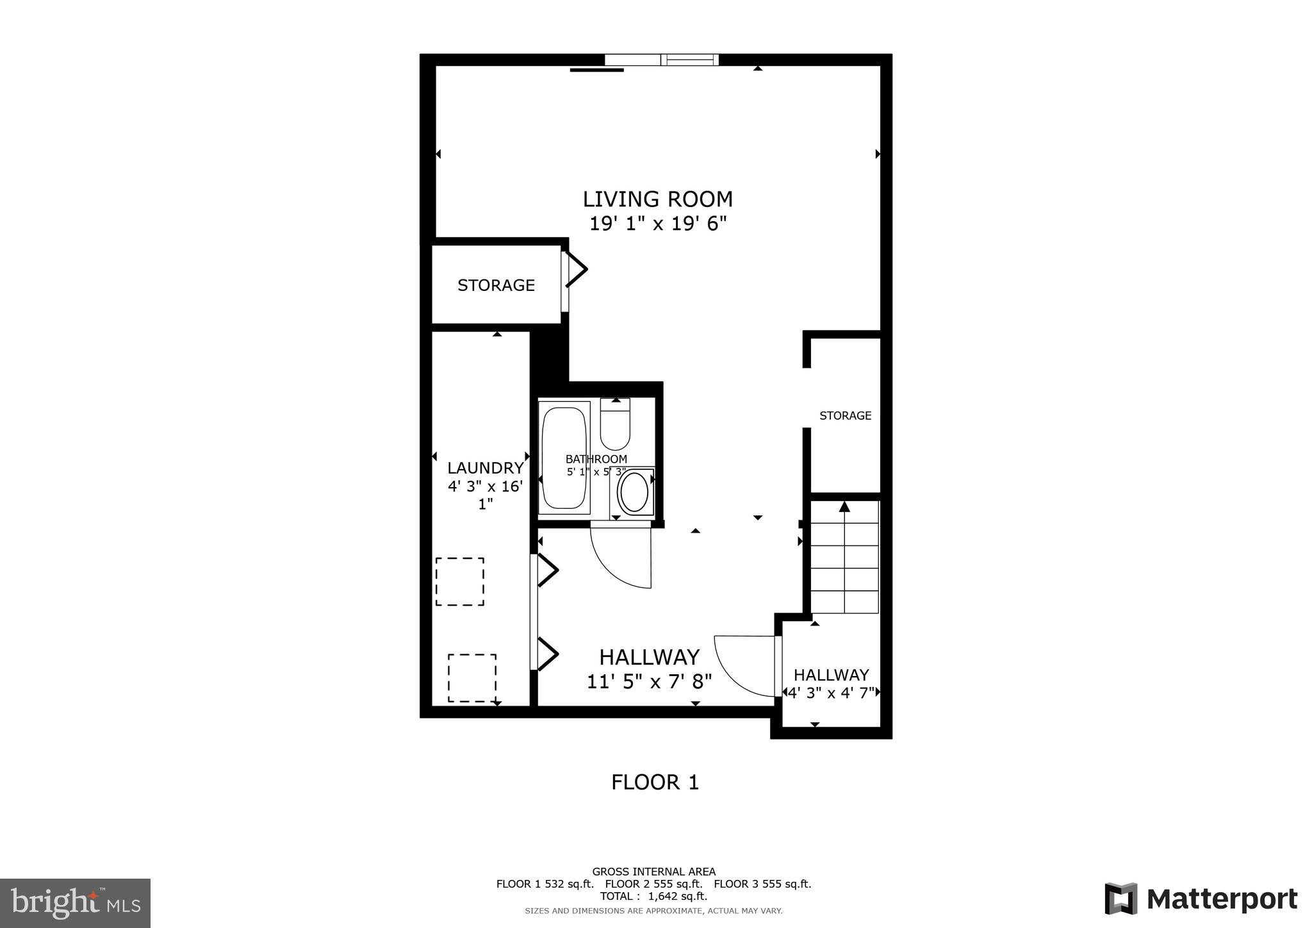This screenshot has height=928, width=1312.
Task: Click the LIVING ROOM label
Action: [x=657, y=199]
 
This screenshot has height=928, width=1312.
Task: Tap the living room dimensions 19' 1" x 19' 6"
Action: [x=657, y=224]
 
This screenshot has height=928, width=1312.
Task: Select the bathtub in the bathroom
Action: [x=564, y=458]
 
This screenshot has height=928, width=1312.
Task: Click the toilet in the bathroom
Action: [x=615, y=426]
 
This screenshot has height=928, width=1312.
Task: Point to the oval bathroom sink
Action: [x=634, y=492]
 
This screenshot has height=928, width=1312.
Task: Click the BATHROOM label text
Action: [x=596, y=459]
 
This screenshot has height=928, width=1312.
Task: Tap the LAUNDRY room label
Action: [x=485, y=468]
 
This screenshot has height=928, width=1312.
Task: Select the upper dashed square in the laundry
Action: [x=459, y=581]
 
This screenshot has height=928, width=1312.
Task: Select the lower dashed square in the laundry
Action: [x=472, y=677]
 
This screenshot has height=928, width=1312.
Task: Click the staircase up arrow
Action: [x=844, y=507]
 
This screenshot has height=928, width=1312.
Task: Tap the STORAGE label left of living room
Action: [x=496, y=285]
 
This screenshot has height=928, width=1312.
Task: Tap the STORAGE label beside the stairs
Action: [x=845, y=415]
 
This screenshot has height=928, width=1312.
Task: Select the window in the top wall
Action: [x=662, y=60]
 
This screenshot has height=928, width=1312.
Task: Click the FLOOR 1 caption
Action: [x=655, y=782]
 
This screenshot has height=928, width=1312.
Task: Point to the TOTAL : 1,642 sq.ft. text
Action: [x=653, y=896]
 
